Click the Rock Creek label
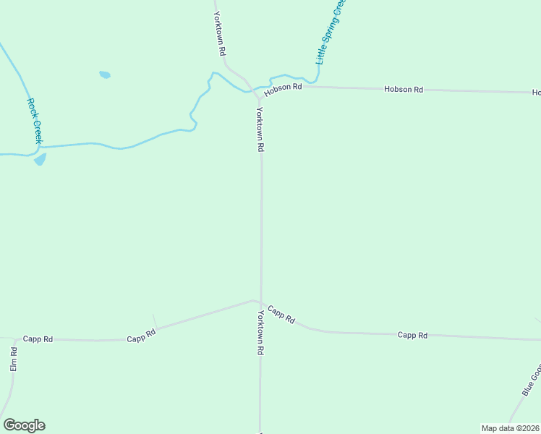tap(35, 121)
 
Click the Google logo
tap(24, 425)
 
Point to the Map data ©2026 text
tap(510, 428)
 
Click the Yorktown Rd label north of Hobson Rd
tap(220, 34)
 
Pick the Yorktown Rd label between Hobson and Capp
tap(260, 129)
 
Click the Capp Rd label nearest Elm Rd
tap(38, 339)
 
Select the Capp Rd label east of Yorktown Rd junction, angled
tap(281, 315)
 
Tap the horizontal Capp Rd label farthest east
tap(412, 335)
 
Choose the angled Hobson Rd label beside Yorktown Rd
tap(282, 88)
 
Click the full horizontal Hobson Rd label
tap(403, 89)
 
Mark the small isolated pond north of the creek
tap(105, 75)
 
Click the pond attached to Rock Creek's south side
tap(40, 159)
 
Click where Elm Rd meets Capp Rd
tap(14, 339)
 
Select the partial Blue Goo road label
tap(531, 380)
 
